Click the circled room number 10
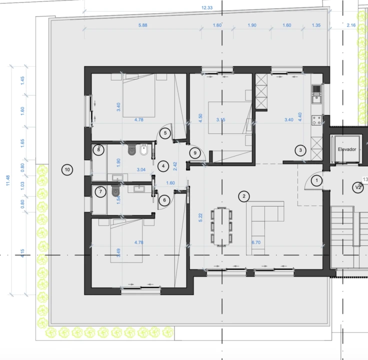point(67,170)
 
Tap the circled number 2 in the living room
point(243,196)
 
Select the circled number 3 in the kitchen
point(300,149)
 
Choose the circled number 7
point(100,191)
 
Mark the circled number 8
point(99,149)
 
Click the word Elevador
point(346,149)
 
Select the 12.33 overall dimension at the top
point(207,7)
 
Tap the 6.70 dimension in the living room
point(256,242)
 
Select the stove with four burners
point(316,120)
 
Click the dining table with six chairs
point(221,226)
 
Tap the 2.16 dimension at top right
point(351,25)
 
